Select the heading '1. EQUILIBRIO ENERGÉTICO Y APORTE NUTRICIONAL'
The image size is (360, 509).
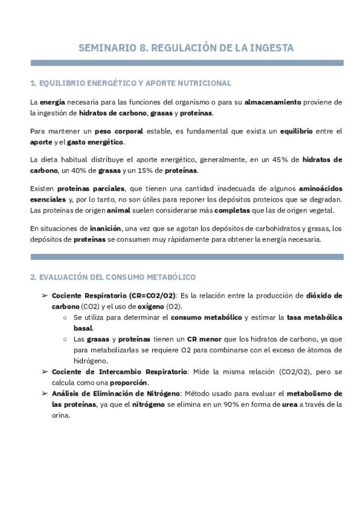click(130, 83)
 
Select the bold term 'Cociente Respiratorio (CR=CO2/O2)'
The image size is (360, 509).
click(114, 295)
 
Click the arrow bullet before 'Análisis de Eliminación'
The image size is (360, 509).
click(44, 393)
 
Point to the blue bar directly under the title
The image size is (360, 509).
click(187, 62)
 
